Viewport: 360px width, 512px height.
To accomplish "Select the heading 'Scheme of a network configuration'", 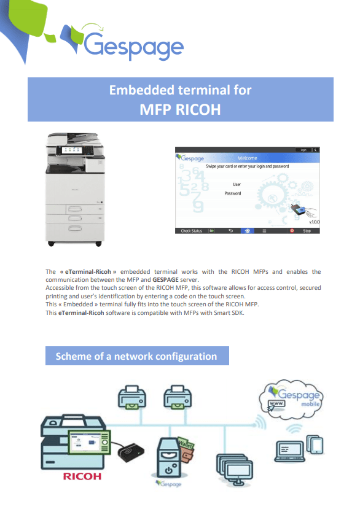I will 136,356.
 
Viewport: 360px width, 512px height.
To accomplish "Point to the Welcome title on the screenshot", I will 247,158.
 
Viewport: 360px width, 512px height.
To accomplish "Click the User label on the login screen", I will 237,184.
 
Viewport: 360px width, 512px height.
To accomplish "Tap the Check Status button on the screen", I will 191,231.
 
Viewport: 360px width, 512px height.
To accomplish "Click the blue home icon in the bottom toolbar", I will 247,231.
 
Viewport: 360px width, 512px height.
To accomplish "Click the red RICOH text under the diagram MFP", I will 82,476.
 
